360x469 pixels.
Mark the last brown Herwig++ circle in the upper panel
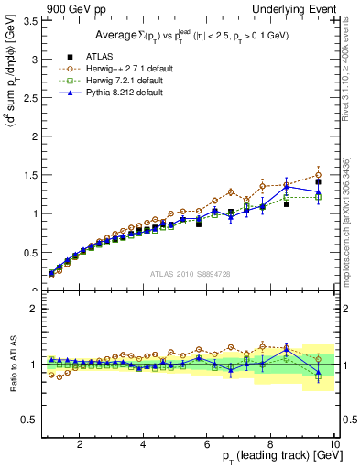pos(318,175)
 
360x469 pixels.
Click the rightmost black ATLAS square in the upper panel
pos(318,182)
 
